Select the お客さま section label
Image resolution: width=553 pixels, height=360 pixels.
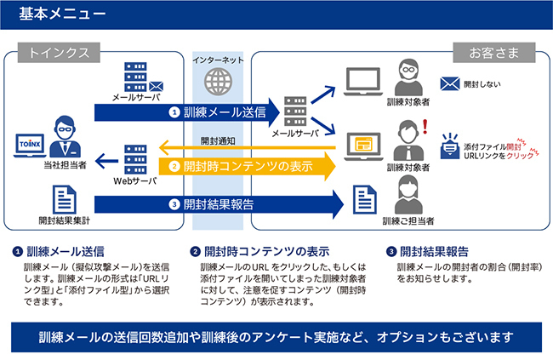[x=499, y=53]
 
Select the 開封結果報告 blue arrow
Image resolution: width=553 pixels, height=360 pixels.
[x=221, y=204]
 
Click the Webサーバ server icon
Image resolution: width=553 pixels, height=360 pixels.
[x=135, y=159]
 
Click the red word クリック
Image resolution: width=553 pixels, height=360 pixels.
[x=519, y=155]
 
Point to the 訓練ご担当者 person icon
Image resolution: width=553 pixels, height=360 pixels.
[x=408, y=197]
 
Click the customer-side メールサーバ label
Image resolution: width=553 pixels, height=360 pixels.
[x=295, y=134]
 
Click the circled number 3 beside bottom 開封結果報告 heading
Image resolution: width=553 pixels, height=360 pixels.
[x=391, y=252]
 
